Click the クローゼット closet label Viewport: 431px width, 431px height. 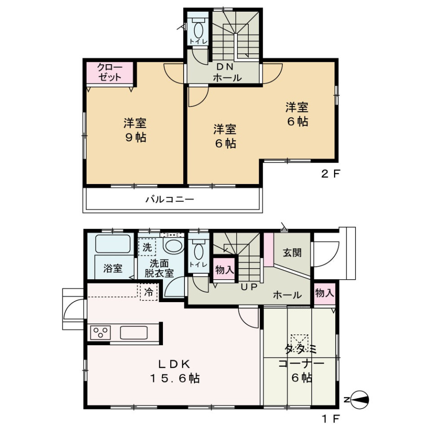[110, 72]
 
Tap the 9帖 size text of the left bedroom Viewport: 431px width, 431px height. [136, 137]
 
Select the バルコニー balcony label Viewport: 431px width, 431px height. [170, 199]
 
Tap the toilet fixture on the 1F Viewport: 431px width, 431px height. [198, 249]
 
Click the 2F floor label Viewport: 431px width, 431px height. [331, 174]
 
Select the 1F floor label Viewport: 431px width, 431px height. [331, 419]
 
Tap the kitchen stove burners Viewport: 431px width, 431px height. [100, 333]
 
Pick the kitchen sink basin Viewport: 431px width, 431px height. [134, 333]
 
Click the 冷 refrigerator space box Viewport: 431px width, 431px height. [149, 292]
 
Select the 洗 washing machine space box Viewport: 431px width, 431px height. [147, 247]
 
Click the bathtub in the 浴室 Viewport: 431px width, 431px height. [113, 243]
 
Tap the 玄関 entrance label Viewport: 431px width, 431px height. [292, 252]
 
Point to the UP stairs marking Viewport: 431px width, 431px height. [249, 287]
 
